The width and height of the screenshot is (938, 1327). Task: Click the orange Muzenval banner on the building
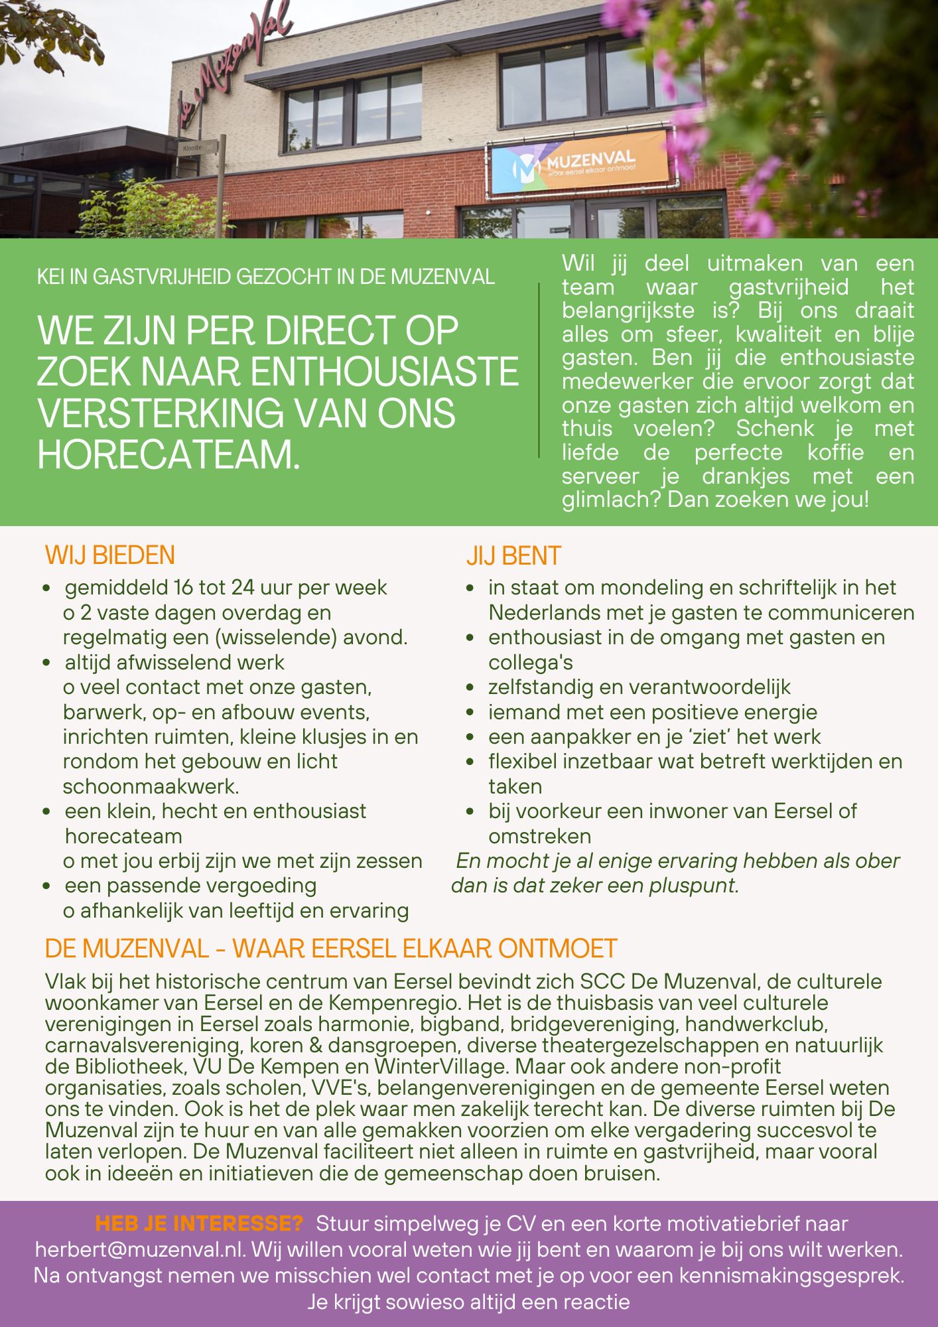[578, 163]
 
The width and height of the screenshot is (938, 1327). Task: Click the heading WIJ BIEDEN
[109, 555]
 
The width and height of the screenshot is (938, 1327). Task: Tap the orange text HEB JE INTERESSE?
[199, 1223]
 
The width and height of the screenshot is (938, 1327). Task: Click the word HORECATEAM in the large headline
[168, 454]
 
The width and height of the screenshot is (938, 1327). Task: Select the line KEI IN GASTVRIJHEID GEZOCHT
[265, 276]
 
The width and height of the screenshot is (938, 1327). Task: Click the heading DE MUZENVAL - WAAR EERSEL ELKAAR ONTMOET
[330, 948]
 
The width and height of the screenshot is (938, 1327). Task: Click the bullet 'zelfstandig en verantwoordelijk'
[639, 687]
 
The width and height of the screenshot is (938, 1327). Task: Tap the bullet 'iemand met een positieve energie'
[652, 712]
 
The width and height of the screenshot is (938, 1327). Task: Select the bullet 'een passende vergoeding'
[190, 885]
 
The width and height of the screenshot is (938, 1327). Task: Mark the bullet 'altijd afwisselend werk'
[174, 662]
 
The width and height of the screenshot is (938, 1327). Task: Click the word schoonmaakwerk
[151, 786]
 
